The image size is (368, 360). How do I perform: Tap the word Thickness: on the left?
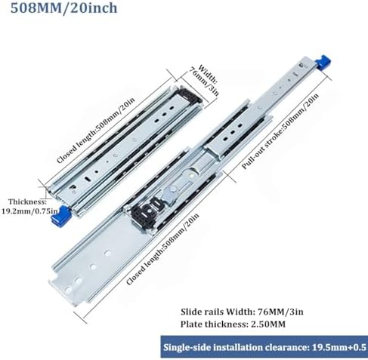pyautogui.click(x=28, y=202)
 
